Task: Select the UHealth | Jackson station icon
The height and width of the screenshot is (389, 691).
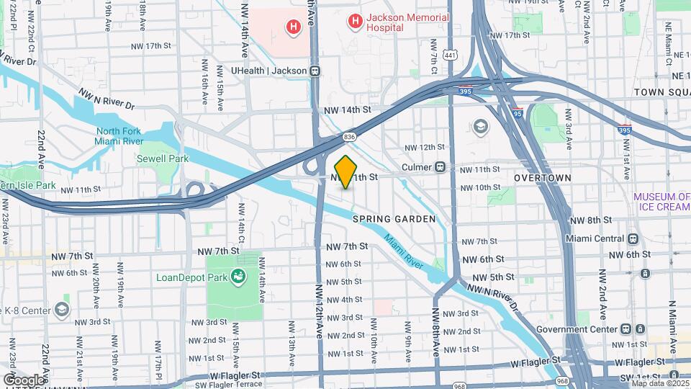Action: click(315, 71)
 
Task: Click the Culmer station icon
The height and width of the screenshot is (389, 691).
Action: click(440, 167)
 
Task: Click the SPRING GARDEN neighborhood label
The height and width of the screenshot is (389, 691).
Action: click(394, 218)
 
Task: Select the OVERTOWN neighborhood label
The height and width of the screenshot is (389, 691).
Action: click(543, 177)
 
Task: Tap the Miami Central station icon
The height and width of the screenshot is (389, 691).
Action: click(633, 239)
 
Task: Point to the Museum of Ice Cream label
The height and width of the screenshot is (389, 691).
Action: click(661, 202)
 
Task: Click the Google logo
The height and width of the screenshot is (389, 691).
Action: click(24, 380)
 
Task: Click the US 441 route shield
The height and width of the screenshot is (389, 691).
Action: click(451, 55)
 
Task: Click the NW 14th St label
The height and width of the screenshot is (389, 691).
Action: click(347, 110)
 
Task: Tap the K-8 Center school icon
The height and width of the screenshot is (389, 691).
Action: click(62, 310)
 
